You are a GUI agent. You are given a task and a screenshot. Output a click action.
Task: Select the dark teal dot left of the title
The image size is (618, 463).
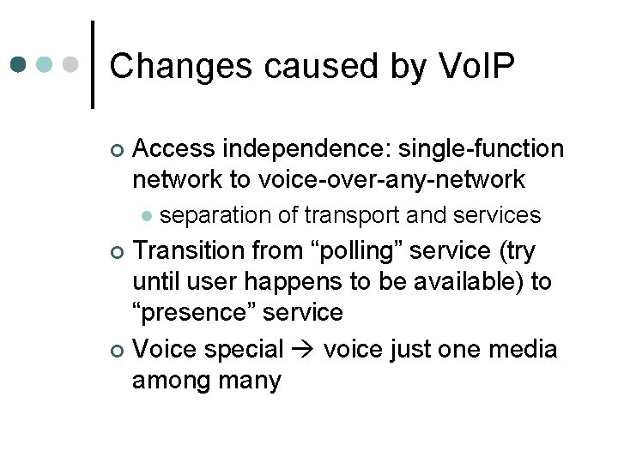(20, 65)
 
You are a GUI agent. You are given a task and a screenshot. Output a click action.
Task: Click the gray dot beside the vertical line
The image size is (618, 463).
(72, 65)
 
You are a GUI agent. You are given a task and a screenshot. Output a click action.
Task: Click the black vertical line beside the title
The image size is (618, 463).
(92, 64)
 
